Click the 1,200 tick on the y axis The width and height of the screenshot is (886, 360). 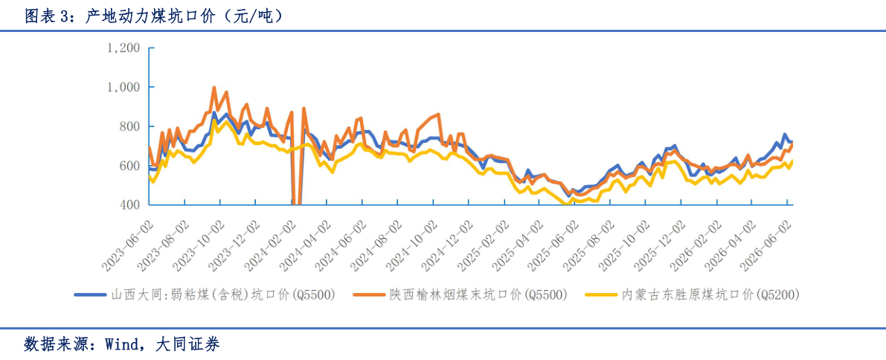tap(123, 48)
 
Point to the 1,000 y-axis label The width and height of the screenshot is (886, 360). tap(123, 87)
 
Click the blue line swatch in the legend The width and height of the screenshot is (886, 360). tap(90, 295)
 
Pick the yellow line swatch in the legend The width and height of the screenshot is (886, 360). tap(603, 295)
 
